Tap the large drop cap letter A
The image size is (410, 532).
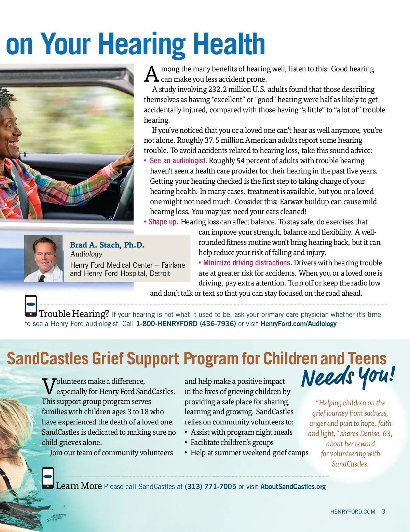[151, 74]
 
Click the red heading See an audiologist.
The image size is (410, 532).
[178, 161]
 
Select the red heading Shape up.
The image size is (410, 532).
[163, 222]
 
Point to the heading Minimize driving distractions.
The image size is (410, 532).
[247, 263]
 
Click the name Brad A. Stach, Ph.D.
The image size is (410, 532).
[107, 245]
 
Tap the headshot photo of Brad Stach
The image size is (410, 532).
[43, 258]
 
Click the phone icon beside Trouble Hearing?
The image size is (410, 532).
[31, 306]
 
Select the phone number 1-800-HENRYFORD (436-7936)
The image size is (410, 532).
[186, 324]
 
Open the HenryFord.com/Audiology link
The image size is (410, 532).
[298, 324]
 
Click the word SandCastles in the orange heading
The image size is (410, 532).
[47, 359]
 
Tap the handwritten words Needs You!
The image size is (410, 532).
[348, 377]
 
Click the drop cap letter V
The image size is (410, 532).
[49, 386]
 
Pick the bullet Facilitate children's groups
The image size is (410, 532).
[232, 443]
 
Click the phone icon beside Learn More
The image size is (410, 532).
[48, 478]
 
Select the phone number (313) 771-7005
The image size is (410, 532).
[210, 487]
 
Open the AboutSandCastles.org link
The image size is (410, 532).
[293, 487]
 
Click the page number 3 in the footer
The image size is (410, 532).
[383, 512]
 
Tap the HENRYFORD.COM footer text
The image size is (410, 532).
[353, 512]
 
